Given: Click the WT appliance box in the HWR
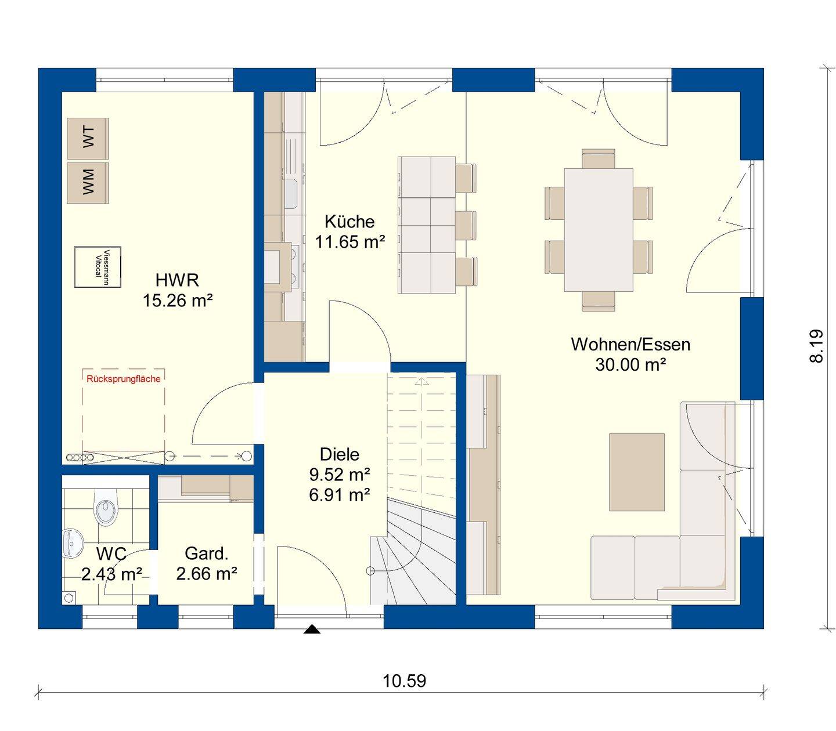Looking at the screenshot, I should coord(88,139).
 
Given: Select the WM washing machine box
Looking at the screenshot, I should coord(88,183).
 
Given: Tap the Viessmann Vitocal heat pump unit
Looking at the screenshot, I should coord(98,267).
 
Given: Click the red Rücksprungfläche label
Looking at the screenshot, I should coord(123,379).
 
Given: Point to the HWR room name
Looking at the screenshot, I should coord(177,280).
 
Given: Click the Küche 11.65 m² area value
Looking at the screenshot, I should coord(349,242).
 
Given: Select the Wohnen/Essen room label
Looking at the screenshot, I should coord(630,344).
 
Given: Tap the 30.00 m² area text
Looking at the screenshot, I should coord(630,365).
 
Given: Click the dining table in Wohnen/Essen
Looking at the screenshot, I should coord(598,230).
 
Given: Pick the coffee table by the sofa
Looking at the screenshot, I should coord(636,472).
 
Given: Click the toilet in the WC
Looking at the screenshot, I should coord(106,508).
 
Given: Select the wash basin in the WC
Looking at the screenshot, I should coord(73,542).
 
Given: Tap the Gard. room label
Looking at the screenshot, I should coord(206,553).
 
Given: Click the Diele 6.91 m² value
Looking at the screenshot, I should coord(340,495).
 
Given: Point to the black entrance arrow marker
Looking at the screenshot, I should coord(312,629).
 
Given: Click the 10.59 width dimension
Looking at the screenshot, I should coord(404,681).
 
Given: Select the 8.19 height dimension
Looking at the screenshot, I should coord(816,346).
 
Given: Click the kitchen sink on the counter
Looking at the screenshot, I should coord(290,194).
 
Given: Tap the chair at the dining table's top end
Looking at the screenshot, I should coord(598,159).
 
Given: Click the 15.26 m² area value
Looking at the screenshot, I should coord(177,301).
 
